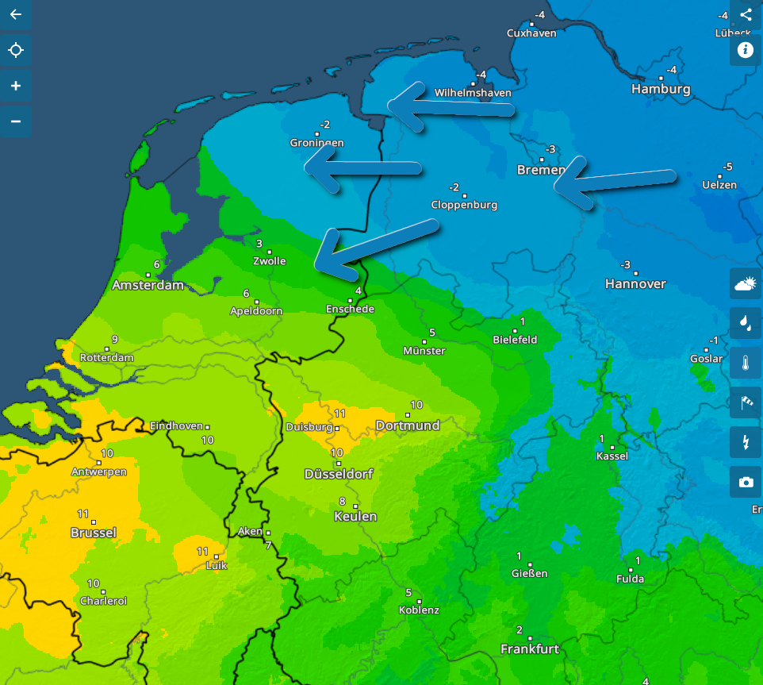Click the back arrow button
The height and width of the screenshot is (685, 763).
tap(15, 15)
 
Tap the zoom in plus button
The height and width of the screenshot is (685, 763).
tap(15, 86)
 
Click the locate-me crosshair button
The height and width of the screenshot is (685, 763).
tap(15, 51)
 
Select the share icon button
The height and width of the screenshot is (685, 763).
tap(746, 14)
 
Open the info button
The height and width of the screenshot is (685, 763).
tap(746, 50)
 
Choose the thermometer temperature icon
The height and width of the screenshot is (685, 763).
tap(746, 364)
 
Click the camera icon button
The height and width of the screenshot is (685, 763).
tap(746, 482)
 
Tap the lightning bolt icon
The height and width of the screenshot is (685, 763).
tap(746, 442)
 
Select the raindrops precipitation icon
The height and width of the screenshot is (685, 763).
tap(746, 323)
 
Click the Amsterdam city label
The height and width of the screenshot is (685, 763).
tap(148, 285)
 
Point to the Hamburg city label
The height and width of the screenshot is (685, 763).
tap(661, 89)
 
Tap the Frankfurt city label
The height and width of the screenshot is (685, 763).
tap(530, 649)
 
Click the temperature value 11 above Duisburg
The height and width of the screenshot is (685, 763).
tap(340, 414)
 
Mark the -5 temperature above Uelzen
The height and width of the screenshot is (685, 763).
tap(727, 167)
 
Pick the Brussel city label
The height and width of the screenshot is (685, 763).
tap(94, 533)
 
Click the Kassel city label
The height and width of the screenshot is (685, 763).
tap(612, 456)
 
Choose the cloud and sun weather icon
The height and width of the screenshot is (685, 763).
tap(746, 283)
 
